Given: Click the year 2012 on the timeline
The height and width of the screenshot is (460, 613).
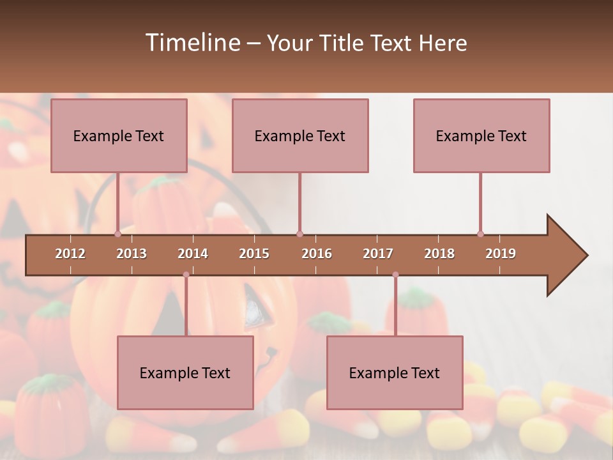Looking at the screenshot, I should [x=70, y=254].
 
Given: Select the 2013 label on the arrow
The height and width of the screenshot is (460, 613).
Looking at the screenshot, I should [x=132, y=254].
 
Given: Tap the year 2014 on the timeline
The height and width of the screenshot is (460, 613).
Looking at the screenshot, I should [x=193, y=254].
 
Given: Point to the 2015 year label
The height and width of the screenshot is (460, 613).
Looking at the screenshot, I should [x=254, y=254].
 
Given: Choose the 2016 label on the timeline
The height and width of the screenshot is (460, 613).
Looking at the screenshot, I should [x=317, y=254].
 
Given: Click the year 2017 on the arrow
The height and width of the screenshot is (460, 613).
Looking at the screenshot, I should [x=378, y=254].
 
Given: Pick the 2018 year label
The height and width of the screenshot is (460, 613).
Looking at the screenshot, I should [x=439, y=254].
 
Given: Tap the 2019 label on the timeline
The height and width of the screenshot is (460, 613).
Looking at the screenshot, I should [x=501, y=254].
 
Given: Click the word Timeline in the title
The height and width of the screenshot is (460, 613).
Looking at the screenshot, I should [x=192, y=43].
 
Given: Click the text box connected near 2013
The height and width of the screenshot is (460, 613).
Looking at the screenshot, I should [x=119, y=136].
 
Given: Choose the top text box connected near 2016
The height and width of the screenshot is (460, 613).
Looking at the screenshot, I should [x=300, y=136].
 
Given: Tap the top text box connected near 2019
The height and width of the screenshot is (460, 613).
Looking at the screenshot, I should [x=481, y=136].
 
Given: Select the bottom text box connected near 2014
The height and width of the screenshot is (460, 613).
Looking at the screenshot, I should [x=185, y=373].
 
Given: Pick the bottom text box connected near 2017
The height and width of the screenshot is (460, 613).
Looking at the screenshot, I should [x=395, y=373].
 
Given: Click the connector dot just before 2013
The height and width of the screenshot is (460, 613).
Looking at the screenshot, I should [x=117, y=234].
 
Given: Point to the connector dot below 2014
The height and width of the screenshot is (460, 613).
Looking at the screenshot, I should [x=186, y=275].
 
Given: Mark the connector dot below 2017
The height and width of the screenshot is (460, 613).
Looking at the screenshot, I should [x=395, y=275].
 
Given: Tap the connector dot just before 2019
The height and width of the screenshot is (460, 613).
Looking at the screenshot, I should [x=480, y=234].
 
